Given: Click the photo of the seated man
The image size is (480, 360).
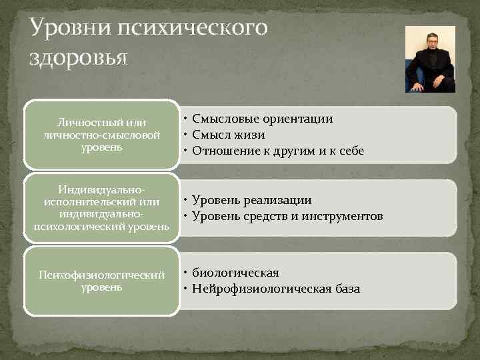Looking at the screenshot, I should pyautogui.click(x=430, y=59).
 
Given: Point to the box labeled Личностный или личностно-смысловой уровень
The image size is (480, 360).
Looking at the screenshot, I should pyautogui.click(x=102, y=134).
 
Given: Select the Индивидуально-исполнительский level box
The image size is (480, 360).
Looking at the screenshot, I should pyautogui.click(x=102, y=208).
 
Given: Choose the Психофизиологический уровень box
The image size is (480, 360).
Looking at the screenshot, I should pyautogui.click(x=102, y=281).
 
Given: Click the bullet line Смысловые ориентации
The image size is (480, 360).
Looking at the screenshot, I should pyautogui.click(x=262, y=119).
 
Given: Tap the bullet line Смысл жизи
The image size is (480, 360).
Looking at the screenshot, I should pyautogui.click(x=228, y=135).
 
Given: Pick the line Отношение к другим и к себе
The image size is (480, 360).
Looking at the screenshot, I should pyautogui.click(x=278, y=151).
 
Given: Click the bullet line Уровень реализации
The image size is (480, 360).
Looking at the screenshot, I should pyautogui.click(x=251, y=200).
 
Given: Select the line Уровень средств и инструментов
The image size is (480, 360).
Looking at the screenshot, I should pyautogui.click(x=287, y=216).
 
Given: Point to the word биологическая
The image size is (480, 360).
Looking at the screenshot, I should pyautogui.click(x=235, y=273).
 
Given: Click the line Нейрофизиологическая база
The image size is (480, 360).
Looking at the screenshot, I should pyautogui.click(x=275, y=289).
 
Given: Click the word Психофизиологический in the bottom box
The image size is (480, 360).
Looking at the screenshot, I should pyautogui.click(x=102, y=275).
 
